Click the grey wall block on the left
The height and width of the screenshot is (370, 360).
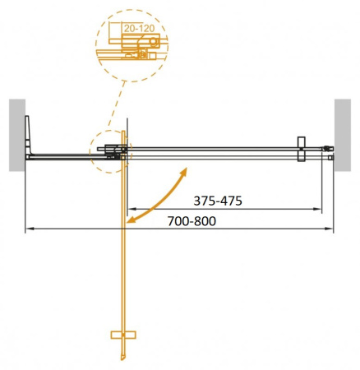click(17, 135)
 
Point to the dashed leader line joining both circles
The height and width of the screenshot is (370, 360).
click(119, 103)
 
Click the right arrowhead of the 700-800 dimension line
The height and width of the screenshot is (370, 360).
click(330, 228)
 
